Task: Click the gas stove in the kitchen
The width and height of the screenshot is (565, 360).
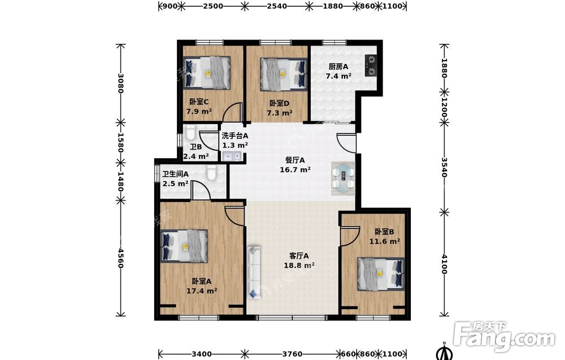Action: click(371, 66)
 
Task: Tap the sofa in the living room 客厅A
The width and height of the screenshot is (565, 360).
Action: click(254, 272)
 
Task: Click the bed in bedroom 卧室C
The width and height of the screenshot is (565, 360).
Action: click(207, 72)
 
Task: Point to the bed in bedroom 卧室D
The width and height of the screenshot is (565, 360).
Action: click(284, 74)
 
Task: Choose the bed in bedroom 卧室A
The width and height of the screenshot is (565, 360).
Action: click(184, 246)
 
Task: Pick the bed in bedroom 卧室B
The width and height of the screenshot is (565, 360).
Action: click(381, 274)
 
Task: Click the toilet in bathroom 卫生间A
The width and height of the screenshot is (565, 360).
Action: click(211, 172)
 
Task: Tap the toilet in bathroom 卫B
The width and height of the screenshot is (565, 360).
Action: click(190, 133)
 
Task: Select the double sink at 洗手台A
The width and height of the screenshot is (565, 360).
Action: click(232, 156)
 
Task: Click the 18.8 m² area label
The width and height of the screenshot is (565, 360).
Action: click(299, 266)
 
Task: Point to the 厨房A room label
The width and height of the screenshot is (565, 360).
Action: click(338, 67)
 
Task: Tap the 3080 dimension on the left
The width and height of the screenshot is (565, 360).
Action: click(121, 83)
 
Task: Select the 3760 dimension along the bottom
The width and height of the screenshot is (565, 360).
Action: click(292, 354)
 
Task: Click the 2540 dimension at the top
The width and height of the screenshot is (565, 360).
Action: click(277, 6)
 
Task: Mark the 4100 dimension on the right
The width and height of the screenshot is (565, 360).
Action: click(444, 264)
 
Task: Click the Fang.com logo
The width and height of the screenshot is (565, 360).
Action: click(505, 337)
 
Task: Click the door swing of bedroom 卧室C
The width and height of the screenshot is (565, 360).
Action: click(232, 112)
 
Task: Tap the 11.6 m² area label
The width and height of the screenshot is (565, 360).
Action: click(384, 241)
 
